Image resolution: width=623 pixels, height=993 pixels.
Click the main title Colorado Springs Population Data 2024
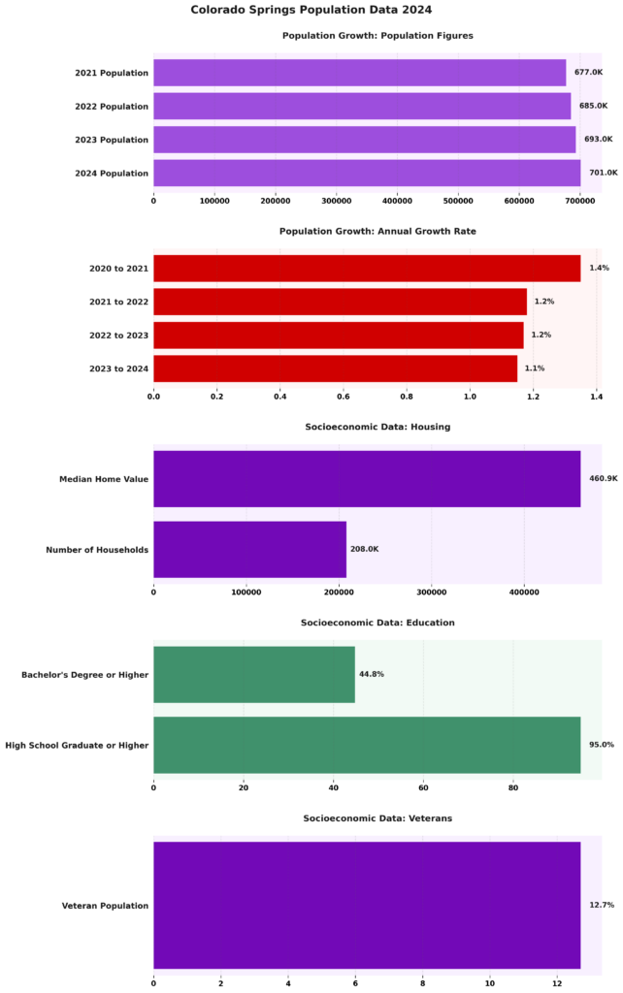click(311, 10)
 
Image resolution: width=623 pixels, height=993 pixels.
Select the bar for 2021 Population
click(359, 73)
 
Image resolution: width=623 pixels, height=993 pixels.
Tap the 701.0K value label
click(603, 173)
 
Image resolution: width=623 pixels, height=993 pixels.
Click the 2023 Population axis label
click(112, 140)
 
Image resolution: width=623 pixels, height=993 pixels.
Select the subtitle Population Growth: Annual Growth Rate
click(377, 232)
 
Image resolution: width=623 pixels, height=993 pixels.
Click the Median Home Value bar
click(367, 478)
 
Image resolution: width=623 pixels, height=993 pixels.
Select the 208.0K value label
click(364, 549)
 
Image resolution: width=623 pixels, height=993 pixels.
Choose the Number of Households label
click(97, 550)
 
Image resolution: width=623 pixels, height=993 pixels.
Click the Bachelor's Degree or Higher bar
click(254, 674)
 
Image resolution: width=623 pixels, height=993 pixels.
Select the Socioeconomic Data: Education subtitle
click(377, 623)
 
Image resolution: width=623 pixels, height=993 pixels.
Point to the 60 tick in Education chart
click(423, 787)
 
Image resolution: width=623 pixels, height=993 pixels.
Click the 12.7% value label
click(602, 905)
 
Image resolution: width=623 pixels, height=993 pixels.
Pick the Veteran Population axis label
click(105, 906)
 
